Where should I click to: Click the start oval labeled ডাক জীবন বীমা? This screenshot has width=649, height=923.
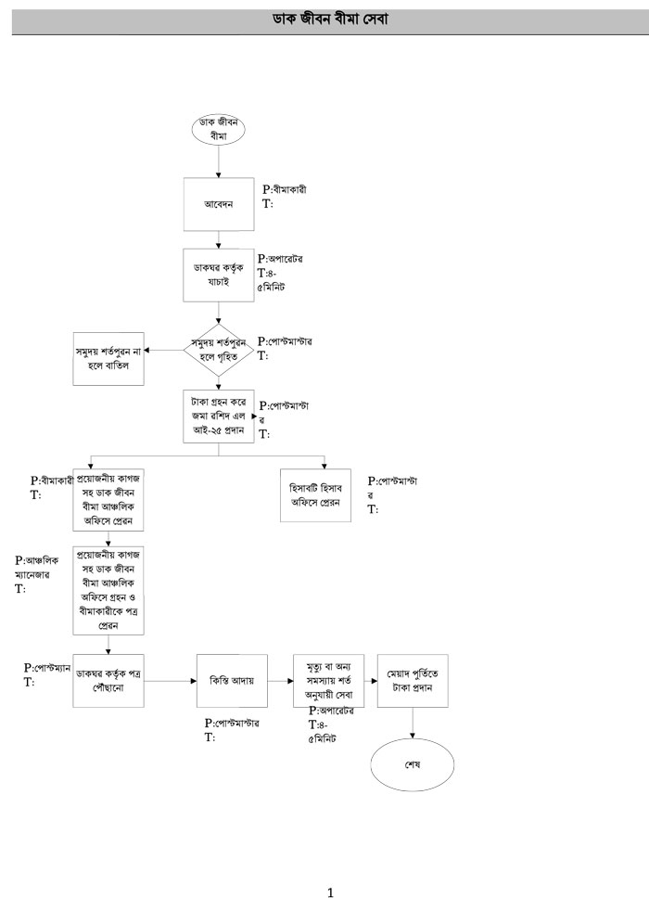click(219, 130)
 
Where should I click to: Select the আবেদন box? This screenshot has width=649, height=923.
click(219, 203)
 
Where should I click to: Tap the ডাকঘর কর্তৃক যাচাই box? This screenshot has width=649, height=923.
click(219, 272)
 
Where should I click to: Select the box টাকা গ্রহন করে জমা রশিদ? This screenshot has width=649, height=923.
click(219, 417)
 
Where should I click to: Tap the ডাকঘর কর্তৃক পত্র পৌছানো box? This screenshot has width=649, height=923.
click(109, 680)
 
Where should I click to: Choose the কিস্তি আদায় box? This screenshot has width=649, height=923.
click(232, 680)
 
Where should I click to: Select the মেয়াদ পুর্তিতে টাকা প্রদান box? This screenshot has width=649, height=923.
click(413, 680)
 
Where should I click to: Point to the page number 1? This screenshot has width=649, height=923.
click(330, 893)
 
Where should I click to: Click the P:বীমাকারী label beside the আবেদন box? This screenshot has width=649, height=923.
click(285, 190)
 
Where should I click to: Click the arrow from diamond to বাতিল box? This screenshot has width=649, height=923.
click(169, 350)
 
